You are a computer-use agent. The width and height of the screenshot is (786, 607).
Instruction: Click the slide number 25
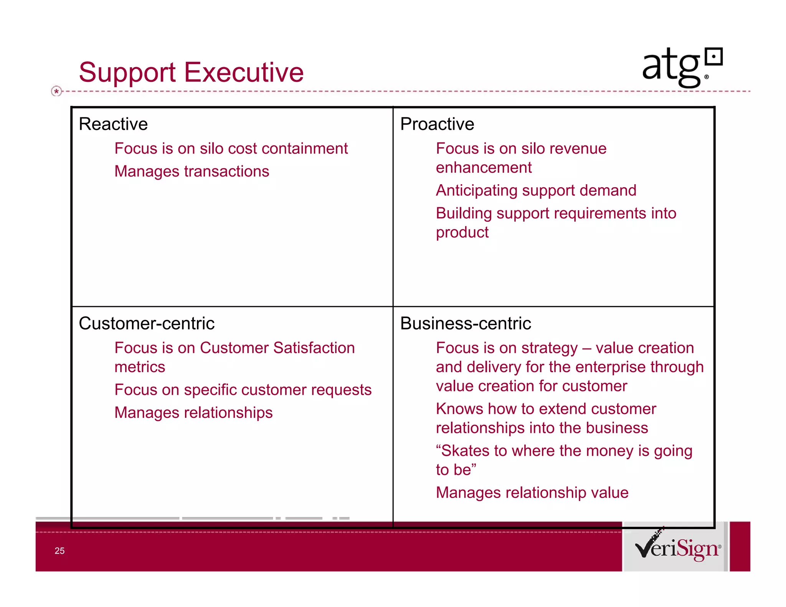click(x=59, y=551)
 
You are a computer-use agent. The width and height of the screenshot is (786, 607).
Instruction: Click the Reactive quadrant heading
click(x=113, y=124)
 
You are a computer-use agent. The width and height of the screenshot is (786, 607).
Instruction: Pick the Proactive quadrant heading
click(x=437, y=124)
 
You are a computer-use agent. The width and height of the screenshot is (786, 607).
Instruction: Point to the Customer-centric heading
click(x=146, y=323)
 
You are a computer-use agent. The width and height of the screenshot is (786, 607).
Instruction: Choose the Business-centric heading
click(x=466, y=323)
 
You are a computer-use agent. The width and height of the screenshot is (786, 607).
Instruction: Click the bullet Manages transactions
click(x=192, y=171)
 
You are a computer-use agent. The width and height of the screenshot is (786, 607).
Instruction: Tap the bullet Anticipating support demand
click(x=536, y=190)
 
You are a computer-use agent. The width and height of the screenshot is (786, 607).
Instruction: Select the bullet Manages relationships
click(x=193, y=412)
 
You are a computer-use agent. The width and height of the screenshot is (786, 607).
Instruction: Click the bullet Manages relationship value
click(x=532, y=493)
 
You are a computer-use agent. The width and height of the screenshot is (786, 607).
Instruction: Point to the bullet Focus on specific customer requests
click(x=243, y=390)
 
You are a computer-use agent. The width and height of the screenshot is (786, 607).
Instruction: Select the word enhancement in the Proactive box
click(x=484, y=168)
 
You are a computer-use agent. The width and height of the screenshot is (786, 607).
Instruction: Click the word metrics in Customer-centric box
click(x=140, y=367)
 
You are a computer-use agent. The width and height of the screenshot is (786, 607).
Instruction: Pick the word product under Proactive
click(x=462, y=233)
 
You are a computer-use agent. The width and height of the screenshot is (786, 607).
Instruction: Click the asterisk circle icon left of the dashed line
click(x=56, y=91)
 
